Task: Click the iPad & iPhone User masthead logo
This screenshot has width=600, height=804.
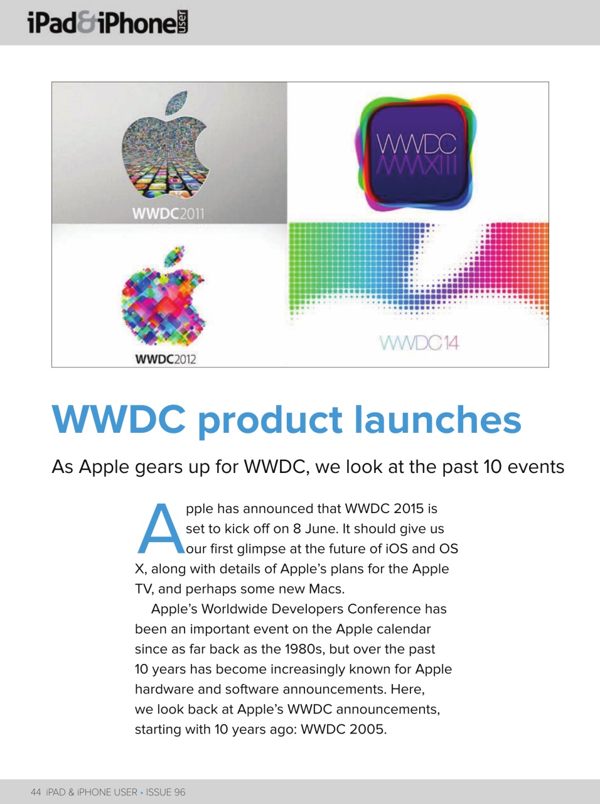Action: [x=107, y=23]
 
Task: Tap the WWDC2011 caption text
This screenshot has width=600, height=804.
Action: [x=168, y=214]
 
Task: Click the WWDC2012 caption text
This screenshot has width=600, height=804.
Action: [x=166, y=359]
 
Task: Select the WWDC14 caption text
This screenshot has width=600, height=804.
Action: [x=419, y=343]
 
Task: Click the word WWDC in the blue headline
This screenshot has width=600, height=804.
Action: [x=119, y=420]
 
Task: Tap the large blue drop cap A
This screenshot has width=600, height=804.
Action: [x=160, y=530]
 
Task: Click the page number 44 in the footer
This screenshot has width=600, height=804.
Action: [x=36, y=792]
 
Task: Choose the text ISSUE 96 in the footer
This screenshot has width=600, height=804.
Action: [x=166, y=792]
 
